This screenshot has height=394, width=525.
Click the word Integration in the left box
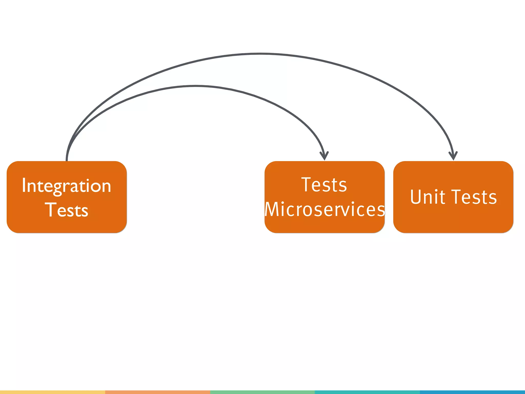[x=66, y=186]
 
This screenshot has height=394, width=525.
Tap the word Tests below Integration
[x=67, y=210]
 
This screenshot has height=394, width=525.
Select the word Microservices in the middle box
[x=325, y=209]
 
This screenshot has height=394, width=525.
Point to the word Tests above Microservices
[x=324, y=185]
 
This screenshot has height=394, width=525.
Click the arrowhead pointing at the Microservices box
[x=324, y=156]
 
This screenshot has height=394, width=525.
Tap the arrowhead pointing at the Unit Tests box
[x=453, y=156]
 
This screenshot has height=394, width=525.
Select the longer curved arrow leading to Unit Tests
[x=260, y=54]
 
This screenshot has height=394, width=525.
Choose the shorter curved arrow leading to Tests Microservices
[x=195, y=86]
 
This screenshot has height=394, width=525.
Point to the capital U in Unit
[x=416, y=197]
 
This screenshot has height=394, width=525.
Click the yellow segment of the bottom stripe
[x=53, y=392]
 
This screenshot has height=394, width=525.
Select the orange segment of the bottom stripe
[x=157, y=392]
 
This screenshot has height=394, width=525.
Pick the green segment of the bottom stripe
[x=262, y=392]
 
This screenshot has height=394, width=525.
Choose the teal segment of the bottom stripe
[x=367, y=392]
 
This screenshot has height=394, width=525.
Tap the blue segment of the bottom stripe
[x=472, y=392]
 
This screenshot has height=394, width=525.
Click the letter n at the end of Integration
[x=106, y=186]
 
